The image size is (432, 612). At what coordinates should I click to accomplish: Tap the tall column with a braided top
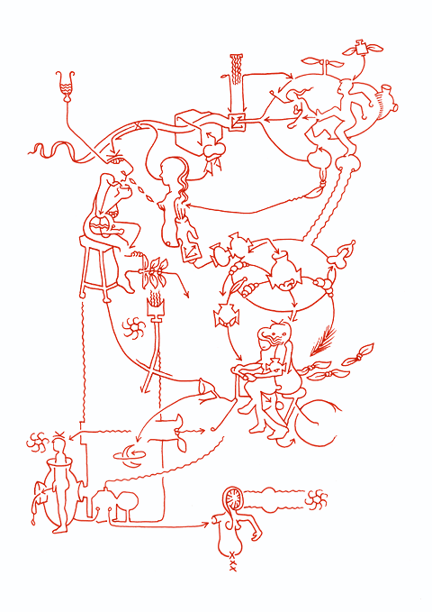pos(237,82)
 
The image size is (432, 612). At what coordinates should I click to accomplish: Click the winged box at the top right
pos(362,47)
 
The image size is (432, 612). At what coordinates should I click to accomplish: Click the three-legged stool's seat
pos(100,240)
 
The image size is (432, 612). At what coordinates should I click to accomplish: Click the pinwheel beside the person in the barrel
pos(35,442)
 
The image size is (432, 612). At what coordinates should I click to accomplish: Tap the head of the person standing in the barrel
pos(59,444)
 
